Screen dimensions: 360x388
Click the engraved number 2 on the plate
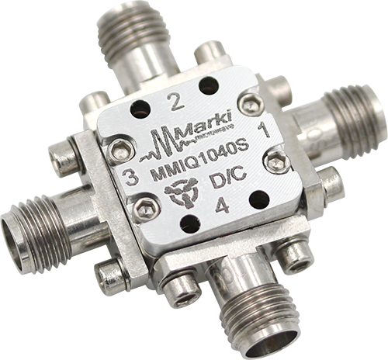tap(175, 99)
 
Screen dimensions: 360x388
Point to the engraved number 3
tap(132, 178)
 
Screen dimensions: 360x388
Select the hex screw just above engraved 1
tap(249, 102)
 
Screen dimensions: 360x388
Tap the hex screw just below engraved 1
tap(276, 161)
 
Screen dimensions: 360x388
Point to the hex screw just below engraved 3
tap(147, 208)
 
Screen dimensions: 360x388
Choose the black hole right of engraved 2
tap(208, 86)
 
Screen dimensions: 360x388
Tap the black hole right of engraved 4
tap(259, 199)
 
